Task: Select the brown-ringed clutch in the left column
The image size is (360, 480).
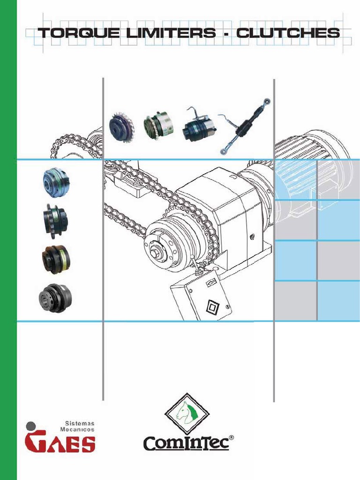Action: [x=56, y=257]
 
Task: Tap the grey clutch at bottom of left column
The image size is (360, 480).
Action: [x=55, y=298]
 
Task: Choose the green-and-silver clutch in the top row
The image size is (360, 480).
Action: [x=158, y=125]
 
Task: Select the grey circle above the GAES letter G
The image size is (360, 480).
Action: [x=30, y=426]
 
